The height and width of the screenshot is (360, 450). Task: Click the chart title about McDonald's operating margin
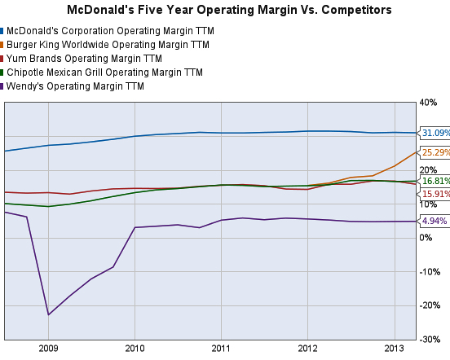pyautogui.click(x=224, y=11)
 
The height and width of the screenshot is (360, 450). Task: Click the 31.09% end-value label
pyautogui.click(x=434, y=133)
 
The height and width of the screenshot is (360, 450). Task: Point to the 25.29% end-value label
pyautogui.click(x=434, y=152)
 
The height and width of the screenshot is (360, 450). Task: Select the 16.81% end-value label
pyautogui.click(x=434, y=181)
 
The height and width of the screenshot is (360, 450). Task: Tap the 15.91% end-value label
pyautogui.click(x=434, y=194)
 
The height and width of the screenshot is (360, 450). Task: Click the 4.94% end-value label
pyautogui.click(x=432, y=222)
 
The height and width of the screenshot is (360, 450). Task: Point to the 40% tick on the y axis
pyautogui.click(x=429, y=103)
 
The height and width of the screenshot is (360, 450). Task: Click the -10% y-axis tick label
pyautogui.click(x=430, y=272)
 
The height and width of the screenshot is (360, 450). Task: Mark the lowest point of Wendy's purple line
pyautogui.click(x=48, y=314)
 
